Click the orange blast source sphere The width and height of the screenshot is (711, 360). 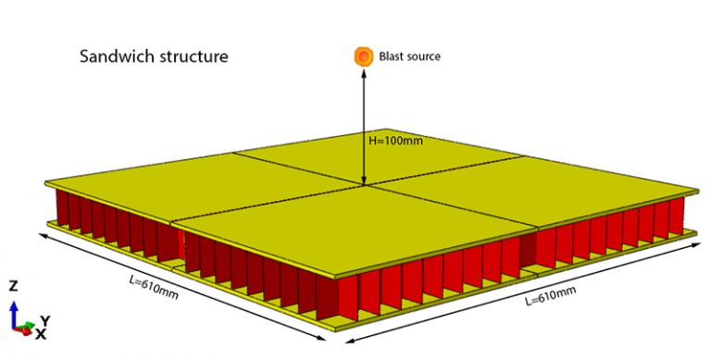click(x=364, y=56)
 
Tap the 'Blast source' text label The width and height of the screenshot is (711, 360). click(x=410, y=56)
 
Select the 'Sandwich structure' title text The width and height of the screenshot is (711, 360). click(x=154, y=56)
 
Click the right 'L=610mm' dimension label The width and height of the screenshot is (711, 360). click(x=550, y=296)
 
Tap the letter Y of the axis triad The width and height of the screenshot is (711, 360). click(x=44, y=320)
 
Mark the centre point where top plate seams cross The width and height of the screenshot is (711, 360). click(x=365, y=184)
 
